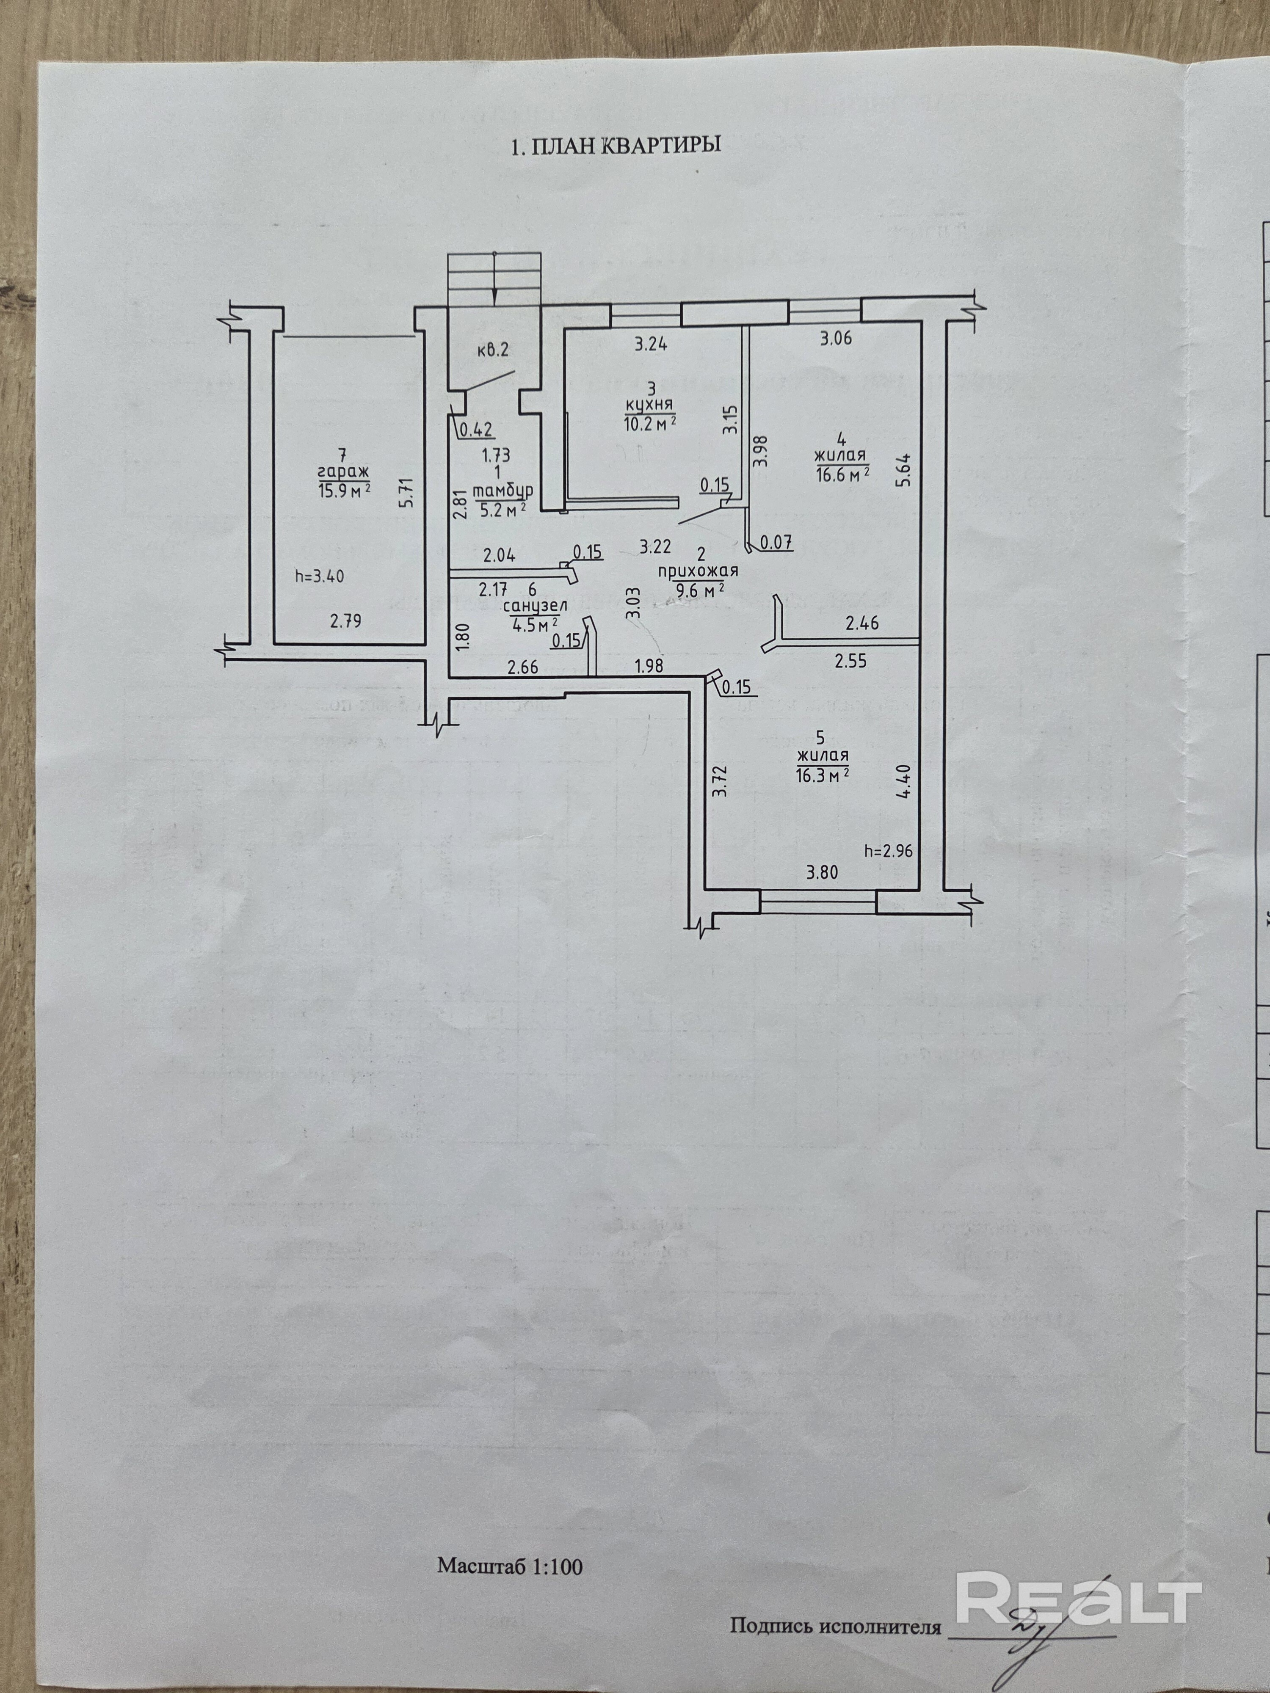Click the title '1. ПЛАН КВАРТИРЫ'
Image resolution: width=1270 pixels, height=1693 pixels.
616,146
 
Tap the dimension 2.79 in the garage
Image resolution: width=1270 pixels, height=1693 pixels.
345,620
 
